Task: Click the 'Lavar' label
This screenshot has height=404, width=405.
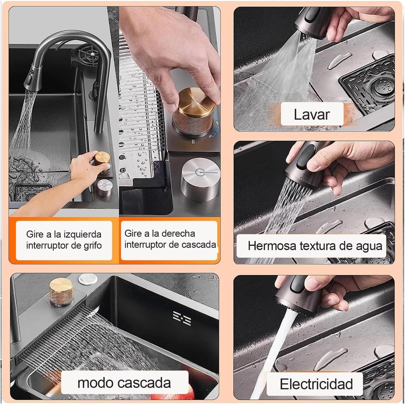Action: [x=312, y=114]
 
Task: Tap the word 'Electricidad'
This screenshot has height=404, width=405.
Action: [x=316, y=384]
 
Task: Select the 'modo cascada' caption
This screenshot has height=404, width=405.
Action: [x=124, y=383]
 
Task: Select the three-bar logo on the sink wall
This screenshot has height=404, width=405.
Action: [x=182, y=318]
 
